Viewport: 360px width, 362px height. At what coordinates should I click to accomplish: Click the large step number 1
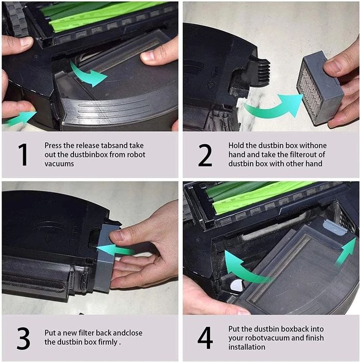click(23, 155)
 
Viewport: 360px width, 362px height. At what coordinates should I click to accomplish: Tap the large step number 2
click(205, 155)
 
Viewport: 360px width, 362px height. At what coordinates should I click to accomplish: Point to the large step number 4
click(205, 337)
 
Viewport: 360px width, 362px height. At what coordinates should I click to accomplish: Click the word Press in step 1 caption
click(54, 146)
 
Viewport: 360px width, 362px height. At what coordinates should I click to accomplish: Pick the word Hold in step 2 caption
click(237, 146)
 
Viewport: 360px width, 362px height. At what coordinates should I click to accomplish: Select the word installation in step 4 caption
click(247, 346)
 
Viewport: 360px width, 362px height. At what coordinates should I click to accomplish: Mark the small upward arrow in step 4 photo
click(346, 252)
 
